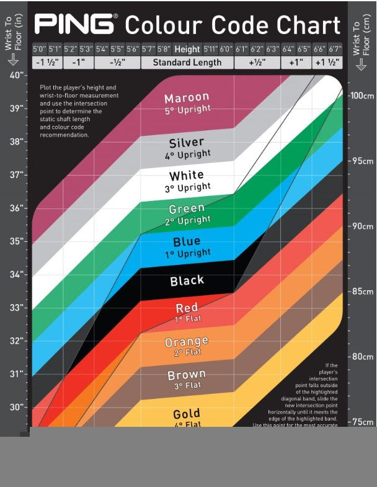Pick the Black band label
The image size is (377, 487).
187,280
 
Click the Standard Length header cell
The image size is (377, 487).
187,63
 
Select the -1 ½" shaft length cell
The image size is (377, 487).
47,63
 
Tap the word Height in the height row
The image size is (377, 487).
187,49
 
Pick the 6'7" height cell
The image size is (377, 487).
335,49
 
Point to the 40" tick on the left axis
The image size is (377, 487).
17,75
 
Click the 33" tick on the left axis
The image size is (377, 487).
17,307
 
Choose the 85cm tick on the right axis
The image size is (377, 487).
361,292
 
